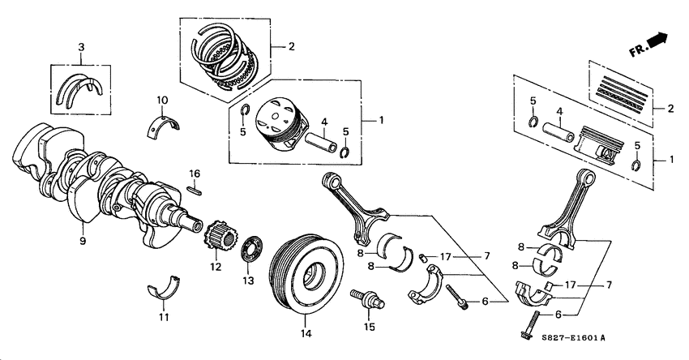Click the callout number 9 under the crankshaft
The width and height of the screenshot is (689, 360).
[82, 241]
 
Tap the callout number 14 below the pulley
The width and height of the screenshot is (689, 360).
[306, 332]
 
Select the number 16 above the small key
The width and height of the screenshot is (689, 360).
[195, 174]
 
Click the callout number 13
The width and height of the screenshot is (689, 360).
[248, 281]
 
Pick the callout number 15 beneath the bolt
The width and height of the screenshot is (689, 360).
[370, 327]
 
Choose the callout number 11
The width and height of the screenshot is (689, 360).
[164, 316]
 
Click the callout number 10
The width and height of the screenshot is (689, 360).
[162, 101]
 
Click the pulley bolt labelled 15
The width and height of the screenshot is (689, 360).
[366, 299]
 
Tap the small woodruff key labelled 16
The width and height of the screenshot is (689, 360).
[195, 191]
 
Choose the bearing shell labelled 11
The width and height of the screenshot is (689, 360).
[164, 289]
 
